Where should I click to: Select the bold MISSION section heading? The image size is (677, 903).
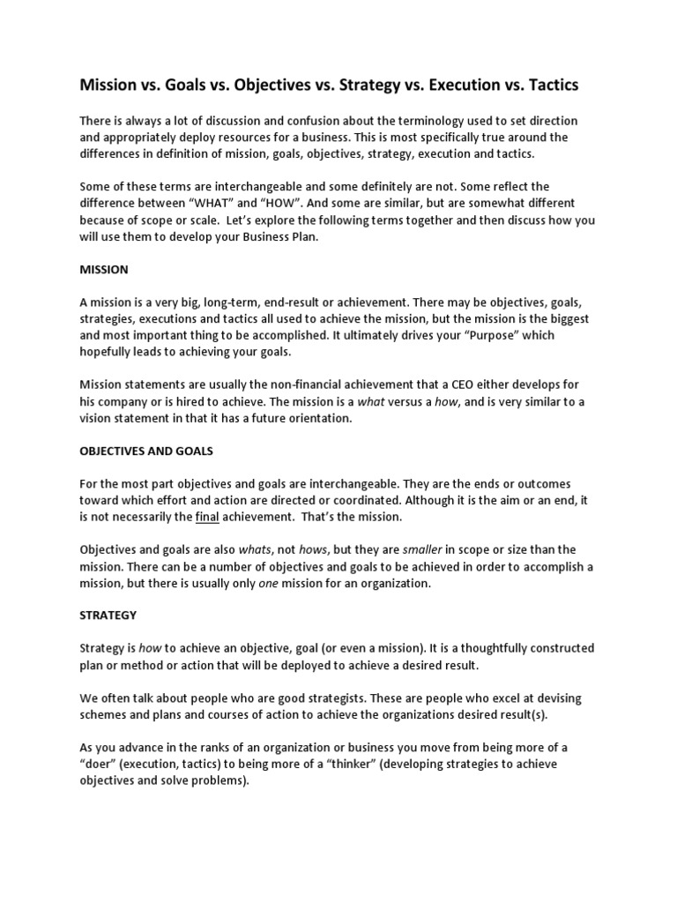tap(104, 269)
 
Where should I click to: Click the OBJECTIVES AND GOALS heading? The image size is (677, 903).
tap(146, 451)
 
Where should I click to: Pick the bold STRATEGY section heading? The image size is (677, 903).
tap(108, 616)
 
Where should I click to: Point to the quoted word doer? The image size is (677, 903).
tap(101, 765)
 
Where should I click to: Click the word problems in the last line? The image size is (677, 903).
tap(220, 781)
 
